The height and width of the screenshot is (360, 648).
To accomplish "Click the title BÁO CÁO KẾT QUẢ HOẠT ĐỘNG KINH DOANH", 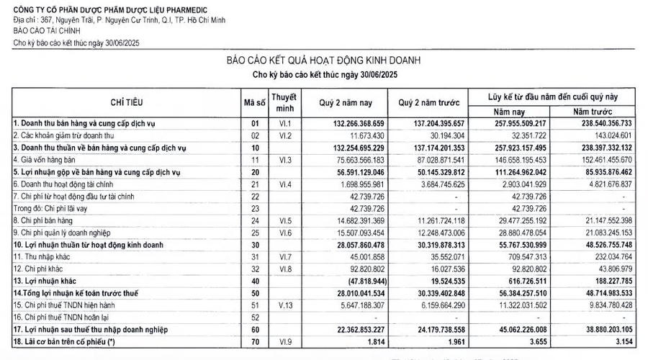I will [x=323, y=60].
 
